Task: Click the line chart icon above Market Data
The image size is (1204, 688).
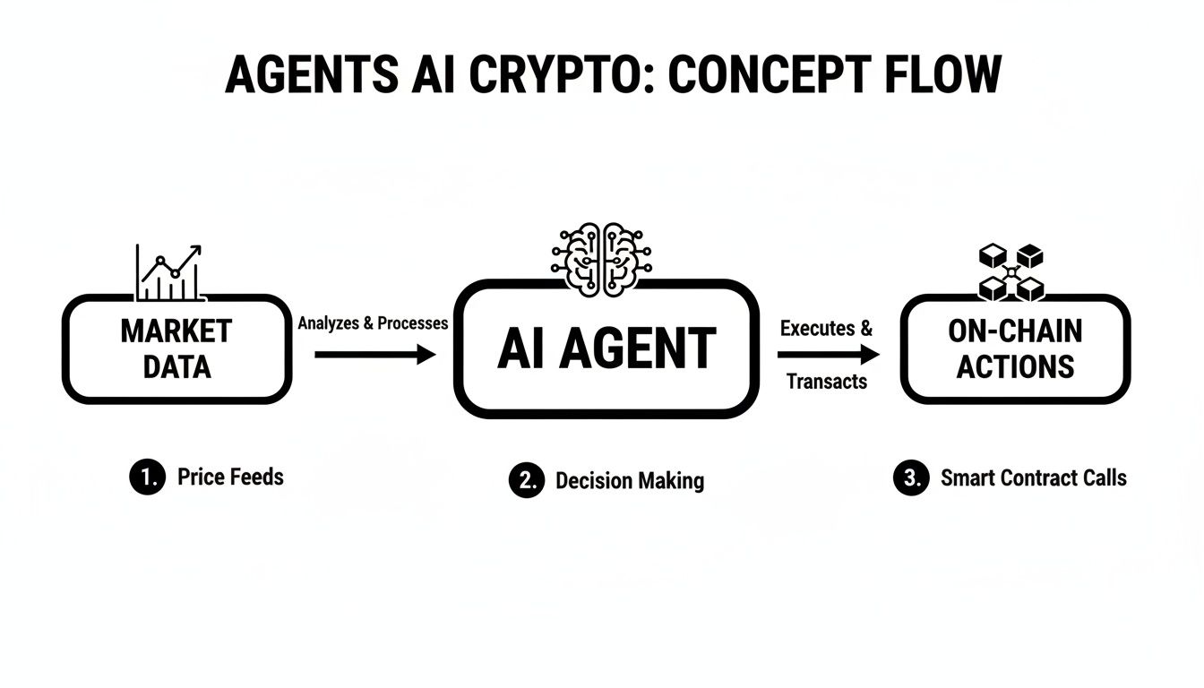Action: [x=169, y=272]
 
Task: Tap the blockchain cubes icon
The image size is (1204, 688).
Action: [x=1010, y=272]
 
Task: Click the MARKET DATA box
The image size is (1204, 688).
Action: [x=176, y=349]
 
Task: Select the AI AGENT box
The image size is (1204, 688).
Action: [x=606, y=348]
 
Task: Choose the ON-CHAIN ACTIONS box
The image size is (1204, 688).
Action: [x=1015, y=348]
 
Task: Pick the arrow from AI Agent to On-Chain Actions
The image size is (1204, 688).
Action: [x=828, y=356]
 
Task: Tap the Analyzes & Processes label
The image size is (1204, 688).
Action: [x=373, y=323]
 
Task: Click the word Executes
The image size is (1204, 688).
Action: [x=816, y=328]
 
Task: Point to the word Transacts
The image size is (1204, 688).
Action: [x=827, y=382]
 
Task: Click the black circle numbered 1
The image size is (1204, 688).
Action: [x=147, y=477]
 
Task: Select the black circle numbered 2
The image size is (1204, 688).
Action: [x=526, y=480]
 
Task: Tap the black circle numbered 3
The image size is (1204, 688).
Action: [x=910, y=478]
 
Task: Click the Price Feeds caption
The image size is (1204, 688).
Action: [x=230, y=477]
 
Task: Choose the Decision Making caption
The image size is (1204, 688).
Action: [x=630, y=480]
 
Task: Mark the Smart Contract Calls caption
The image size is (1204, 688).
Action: [x=1033, y=477]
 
